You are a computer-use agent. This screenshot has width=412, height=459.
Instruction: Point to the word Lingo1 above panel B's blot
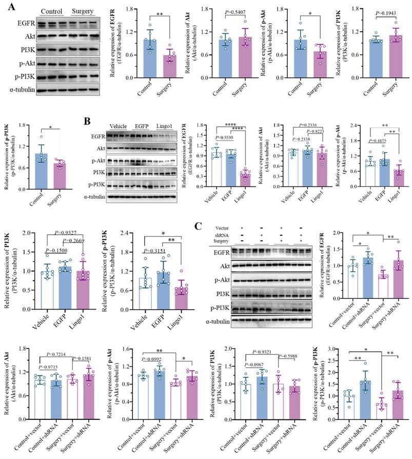(164, 126)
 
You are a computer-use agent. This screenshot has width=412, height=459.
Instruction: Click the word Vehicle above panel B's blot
(119, 126)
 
